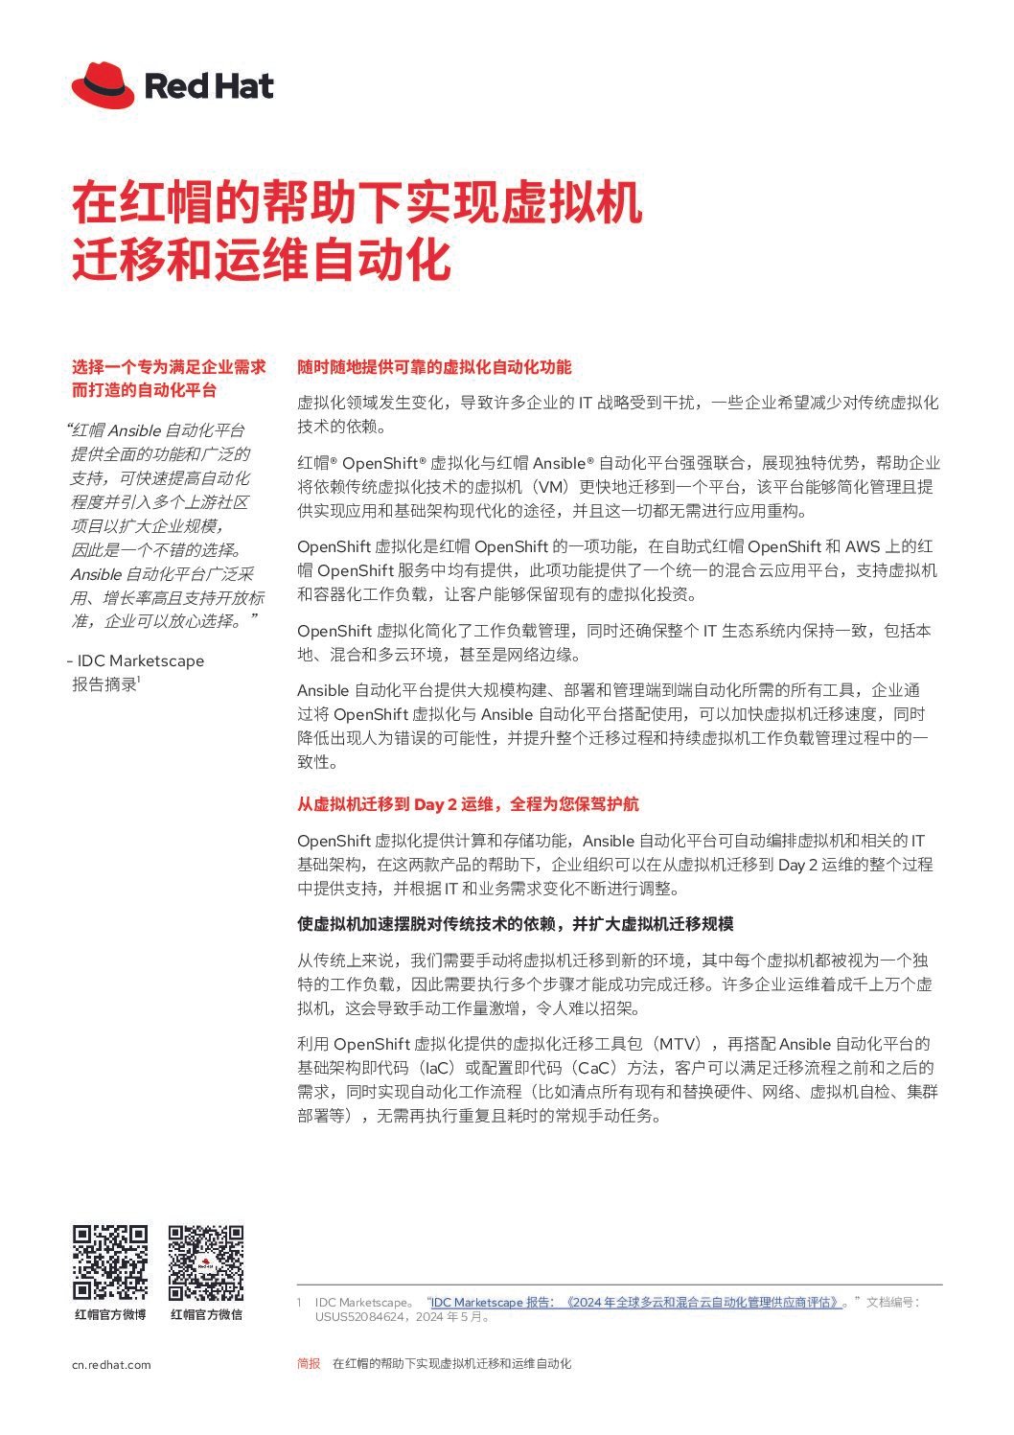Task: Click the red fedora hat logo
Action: pos(103,85)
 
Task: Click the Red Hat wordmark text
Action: pos(209,86)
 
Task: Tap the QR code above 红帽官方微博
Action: pos(110,1261)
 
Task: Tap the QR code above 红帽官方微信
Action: pos(206,1261)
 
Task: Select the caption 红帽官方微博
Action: pos(110,1314)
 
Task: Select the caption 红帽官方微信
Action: pos(206,1314)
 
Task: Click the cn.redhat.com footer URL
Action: pos(111,1364)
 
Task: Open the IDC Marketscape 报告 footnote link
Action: pos(637,1302)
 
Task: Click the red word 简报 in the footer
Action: pos(309,1363)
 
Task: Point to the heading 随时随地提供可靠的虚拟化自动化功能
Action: pos(434,367)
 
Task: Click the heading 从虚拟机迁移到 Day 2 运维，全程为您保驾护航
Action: pos(468,804)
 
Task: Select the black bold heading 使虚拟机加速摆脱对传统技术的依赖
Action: pos(515,924)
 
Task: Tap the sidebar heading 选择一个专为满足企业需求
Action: pos(169,367)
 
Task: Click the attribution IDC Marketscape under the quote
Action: pos(140,660)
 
